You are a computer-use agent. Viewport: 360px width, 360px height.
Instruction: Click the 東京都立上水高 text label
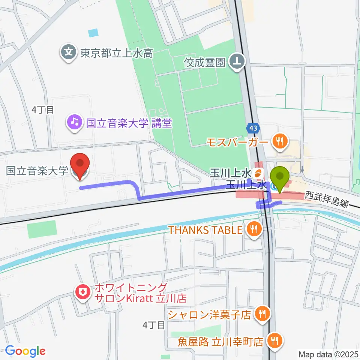tap(116, 53)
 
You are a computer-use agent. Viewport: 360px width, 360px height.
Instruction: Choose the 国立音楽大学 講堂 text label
tap(129, 123)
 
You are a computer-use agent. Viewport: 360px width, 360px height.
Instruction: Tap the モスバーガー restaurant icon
tap(280, 141)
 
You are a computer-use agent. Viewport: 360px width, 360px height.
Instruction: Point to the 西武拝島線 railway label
tap(327, 199)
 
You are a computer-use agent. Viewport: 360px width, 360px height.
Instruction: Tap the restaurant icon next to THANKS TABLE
tap(254, 229)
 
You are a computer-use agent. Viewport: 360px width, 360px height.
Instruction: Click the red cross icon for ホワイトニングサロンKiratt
tap(82, 291)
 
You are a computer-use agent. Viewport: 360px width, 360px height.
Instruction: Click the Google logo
tap(25, 351)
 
